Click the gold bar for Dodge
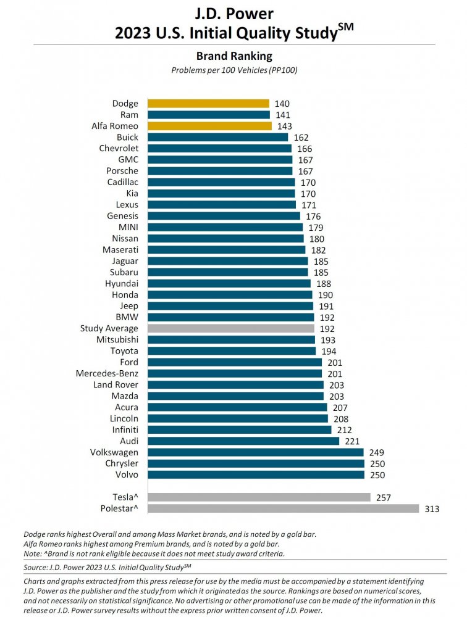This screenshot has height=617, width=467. [206, 104]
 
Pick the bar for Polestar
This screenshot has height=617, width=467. [281, 508]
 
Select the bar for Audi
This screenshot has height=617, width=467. [242, 441]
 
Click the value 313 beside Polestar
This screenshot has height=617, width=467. [431, 508]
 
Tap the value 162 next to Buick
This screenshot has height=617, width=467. [301, 138]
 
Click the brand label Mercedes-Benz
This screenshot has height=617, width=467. [107, 373]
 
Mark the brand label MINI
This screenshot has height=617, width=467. [128, 227]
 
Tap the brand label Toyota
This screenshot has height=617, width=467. [124, 351]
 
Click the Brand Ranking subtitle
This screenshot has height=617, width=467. [233, 56]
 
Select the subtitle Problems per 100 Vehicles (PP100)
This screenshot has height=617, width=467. [233, 70]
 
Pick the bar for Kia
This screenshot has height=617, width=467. [219, 193]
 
